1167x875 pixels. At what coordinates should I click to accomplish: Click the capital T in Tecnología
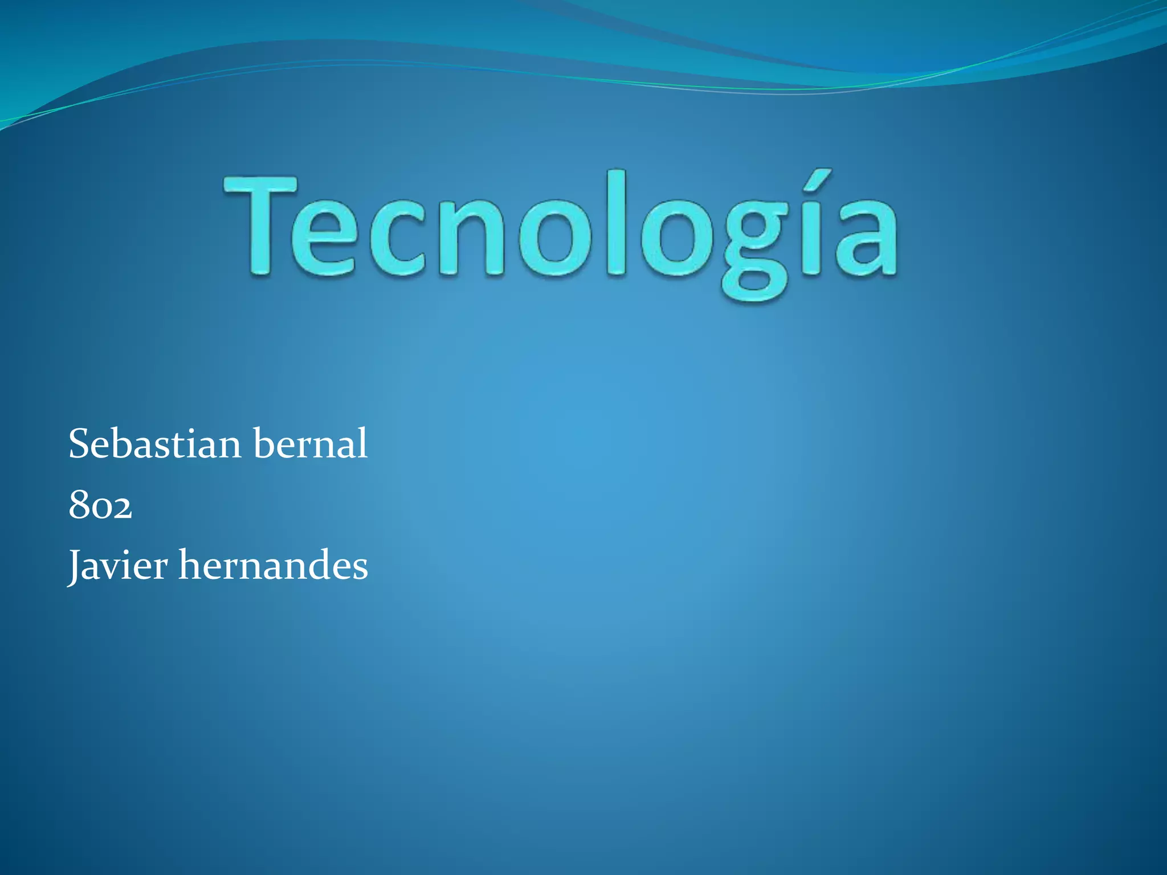click(x=261, y=225)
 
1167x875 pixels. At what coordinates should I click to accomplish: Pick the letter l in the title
click(x=617, y=222)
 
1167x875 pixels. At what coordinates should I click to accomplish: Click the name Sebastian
click(x=154, y=444)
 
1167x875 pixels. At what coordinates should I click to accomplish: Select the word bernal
click(x=311, y=444)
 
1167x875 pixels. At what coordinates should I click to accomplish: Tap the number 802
click(x=100, y=505)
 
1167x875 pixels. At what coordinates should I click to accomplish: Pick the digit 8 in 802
click(x=79, y=505)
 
